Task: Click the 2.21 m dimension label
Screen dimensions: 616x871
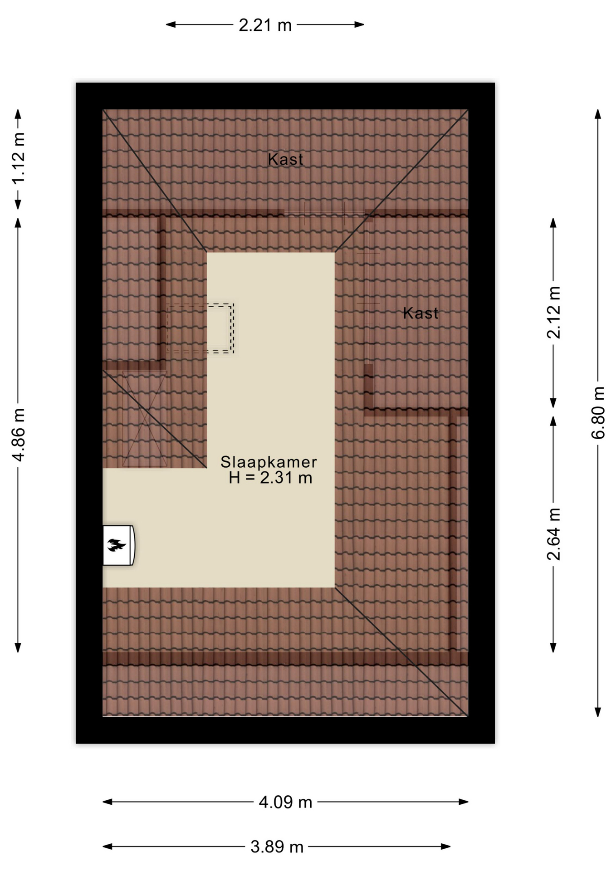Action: point(265,25)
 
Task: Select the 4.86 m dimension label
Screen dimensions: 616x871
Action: point(19,435)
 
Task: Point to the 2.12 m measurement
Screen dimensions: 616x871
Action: point(553,313)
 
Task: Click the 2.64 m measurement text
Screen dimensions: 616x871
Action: point(553,534)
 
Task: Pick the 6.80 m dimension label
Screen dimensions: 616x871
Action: point(598,413)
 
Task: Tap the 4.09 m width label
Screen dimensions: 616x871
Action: point(285,802)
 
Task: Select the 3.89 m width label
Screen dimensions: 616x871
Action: point(277,847)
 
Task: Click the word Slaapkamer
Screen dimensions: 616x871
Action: point(269,462)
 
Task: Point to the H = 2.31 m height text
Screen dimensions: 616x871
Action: point(270,478)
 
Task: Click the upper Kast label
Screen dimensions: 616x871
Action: point(285,159)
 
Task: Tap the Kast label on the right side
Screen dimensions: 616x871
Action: point(420,313)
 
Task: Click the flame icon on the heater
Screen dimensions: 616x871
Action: point(117,545)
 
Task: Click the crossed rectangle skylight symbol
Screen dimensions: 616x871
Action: point(145,419)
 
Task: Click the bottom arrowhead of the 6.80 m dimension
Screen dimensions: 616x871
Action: point(598,712)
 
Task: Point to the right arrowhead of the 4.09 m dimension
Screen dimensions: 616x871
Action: point(463,802)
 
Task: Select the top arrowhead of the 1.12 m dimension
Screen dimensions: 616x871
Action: point(18,114)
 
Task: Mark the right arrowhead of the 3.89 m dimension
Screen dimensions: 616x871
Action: point(445,846)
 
